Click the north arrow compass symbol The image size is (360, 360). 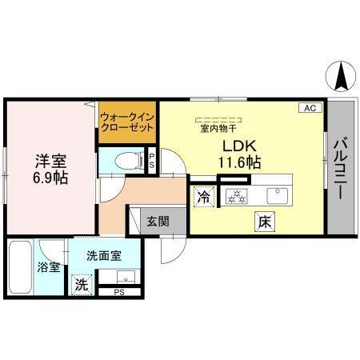click(340, 76)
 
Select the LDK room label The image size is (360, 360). click(238, 146)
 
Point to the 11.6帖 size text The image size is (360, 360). click(239, 162)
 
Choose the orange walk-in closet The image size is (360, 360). click(127, 122)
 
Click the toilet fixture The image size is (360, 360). click(127, 159)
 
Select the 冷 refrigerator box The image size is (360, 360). click(202, 194)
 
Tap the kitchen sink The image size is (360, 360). click(279, 193)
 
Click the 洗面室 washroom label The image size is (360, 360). click(104, 256)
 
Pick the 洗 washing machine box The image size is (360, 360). click(81, 283)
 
